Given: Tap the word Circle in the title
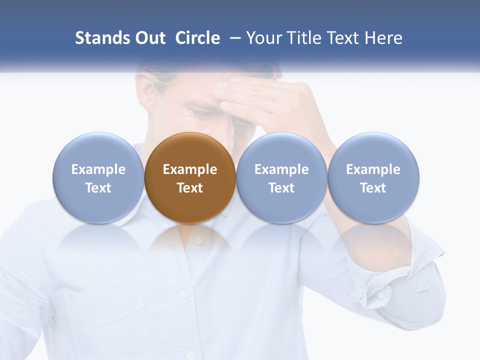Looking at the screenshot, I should (x=197, y=38).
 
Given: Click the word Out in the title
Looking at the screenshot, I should (x=150, y=38).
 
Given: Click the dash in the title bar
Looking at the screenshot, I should (x=233, y=38).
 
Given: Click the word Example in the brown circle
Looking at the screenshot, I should (x=190, y=169).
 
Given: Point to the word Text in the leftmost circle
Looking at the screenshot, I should (x=98, y=188).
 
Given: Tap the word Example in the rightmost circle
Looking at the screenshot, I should (x=373, y=169).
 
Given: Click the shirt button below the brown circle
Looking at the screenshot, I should (x=199, y=240).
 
